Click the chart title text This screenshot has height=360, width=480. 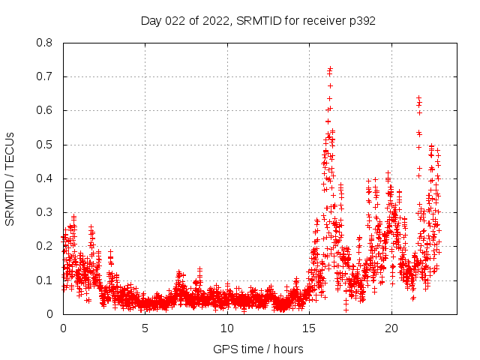[x=258, y=21]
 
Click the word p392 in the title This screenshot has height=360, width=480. [x=361, y=21]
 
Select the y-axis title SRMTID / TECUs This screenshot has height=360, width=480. [x=10, y=178]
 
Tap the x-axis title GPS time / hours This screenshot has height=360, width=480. [x=258, y=349]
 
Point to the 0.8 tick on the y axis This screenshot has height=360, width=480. [x=45, y=43]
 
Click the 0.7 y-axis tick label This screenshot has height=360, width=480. [x=45, y=76]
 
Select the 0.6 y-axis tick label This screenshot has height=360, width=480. [x=45, y=110]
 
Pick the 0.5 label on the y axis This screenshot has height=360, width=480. [x=45, y=145]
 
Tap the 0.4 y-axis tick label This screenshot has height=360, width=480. [x=45, y=178]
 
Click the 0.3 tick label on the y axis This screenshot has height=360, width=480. [x=45, y=212]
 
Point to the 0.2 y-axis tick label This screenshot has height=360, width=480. [x=45, y=246]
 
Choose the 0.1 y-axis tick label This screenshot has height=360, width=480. [x=45, y=280]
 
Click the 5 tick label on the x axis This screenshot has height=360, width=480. [x=145, y=328]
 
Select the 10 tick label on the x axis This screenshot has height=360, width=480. [x=227, y=328]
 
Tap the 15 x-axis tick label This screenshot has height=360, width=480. [x=309, y=328]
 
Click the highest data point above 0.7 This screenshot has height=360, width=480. [x=330, y=68]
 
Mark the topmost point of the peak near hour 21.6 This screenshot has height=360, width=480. [x=418, y=97]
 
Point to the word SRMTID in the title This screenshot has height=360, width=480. [x=256, y=21]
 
